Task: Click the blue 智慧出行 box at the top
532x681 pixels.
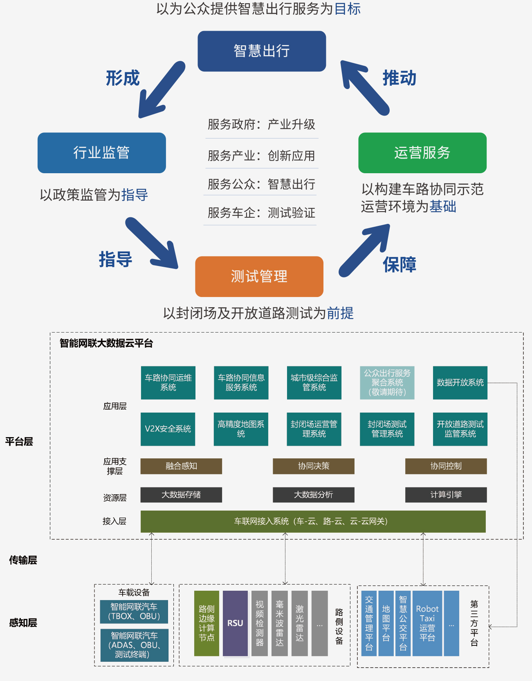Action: (x=262, y=51)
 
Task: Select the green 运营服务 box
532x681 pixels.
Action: (x=422, y=152)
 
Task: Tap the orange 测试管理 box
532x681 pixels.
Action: (x=259, y=277)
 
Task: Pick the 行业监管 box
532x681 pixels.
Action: (x=102, y=152)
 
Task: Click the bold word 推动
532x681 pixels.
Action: (x=399, y=78)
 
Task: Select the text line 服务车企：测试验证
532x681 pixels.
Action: (x=261, y=212)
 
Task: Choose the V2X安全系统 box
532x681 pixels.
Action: (x=168, y=429)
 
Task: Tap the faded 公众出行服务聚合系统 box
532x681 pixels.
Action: (x=387, y=383)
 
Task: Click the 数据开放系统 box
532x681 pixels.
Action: (x=460, y=383)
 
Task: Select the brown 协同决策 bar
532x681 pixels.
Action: (x=314, y=466)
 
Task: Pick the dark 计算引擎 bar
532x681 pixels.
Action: (x=446, y=495)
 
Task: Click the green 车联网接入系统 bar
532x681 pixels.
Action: (x=313, y=521)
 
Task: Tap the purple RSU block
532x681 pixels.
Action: (x=235, y=623)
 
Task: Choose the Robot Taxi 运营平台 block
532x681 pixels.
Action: (x=427, y=623)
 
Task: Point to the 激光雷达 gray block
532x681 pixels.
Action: (x=300, y=623)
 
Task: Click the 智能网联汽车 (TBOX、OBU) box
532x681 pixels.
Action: (x=134, y=612)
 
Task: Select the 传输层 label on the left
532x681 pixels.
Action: (x=23, y=560)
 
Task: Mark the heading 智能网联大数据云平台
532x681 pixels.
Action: (x=106, y=343)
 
